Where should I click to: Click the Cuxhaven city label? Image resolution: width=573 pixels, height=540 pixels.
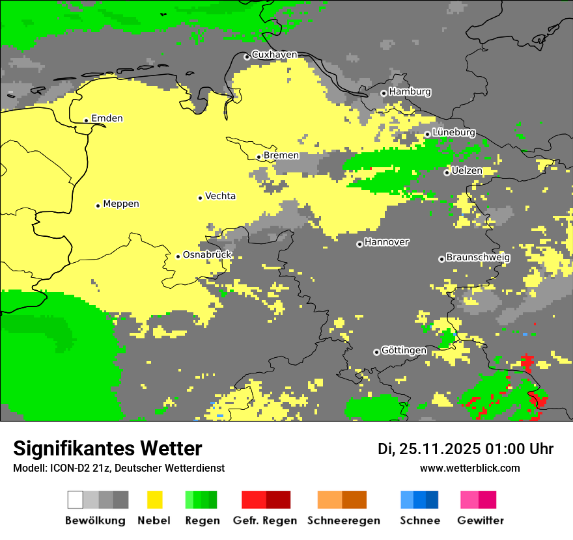point(274,55)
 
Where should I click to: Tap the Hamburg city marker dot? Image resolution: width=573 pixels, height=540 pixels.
point(384,93)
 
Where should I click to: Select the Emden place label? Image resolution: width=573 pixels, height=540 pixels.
point(107,118)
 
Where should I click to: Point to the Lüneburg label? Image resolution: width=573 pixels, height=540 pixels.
point(453,132)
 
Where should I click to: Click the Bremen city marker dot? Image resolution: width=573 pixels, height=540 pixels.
point(259,157)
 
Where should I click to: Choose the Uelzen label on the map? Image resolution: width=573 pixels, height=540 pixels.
point(467,170)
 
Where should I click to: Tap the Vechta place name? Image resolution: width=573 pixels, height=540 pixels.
point(220,196)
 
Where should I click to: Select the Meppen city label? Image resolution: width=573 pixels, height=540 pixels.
point(121,204)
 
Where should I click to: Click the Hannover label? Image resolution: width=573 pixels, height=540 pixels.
point(387,242)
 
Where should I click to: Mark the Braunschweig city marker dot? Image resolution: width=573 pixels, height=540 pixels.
point(441,259)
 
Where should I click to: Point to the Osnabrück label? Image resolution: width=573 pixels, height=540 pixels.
point(207,255)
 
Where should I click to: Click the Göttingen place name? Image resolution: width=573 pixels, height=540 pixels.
point(404,350)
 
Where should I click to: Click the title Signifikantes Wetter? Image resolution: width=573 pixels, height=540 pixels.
point(107,448)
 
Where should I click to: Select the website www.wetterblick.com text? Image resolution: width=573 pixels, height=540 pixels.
point(469,468)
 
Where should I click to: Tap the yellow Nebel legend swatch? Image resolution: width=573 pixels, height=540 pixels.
point(154,500)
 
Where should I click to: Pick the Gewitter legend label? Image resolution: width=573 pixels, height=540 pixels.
point(481,520)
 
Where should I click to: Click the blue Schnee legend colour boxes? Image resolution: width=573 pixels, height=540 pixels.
point(419,500)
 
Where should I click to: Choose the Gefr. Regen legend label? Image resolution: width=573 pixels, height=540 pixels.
point(265,520)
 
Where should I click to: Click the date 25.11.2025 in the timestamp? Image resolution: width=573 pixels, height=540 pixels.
point(440,449)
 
